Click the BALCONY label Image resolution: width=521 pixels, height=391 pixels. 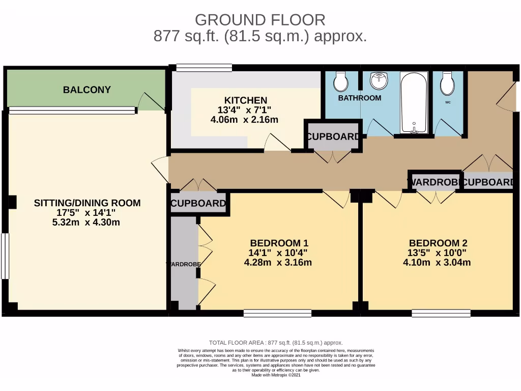pos(86,90)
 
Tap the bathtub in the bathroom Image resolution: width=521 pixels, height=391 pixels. pos(414,102)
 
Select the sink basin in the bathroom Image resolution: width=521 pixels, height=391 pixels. pos(379,81)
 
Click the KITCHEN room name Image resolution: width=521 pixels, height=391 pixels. pos(245,100)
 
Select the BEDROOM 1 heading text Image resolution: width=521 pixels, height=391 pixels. pos(279,243)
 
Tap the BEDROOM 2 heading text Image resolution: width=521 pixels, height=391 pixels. pos(438,243)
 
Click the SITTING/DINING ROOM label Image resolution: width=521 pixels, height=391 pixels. pos(87,203)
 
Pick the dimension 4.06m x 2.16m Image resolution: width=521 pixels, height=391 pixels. pos(244,120)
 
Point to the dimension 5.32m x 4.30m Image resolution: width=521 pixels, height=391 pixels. pos(87,222)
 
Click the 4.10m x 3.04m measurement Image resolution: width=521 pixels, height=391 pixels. pos(437,263)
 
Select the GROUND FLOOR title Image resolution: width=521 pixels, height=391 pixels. pos(260,20)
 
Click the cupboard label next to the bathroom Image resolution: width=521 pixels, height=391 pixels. pos(334,137)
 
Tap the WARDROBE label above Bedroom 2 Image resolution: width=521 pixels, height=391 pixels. pos(433,182)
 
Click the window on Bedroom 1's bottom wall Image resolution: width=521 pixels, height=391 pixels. pos(277,313)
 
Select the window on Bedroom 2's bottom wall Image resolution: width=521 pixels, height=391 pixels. pos(441,313)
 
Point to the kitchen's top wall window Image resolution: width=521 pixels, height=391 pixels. pos(204,67)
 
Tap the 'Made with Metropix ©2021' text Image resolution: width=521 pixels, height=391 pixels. pos(276,375)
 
